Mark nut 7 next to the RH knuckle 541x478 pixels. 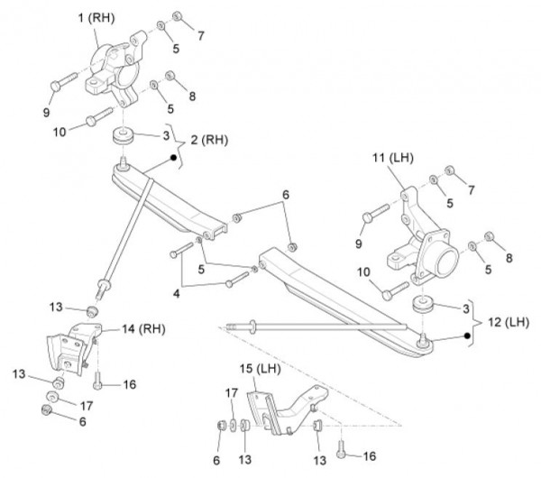(x=178, y=15)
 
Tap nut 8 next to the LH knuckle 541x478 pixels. (x=490, y=238)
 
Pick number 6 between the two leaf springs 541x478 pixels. (x=286, y=194)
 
